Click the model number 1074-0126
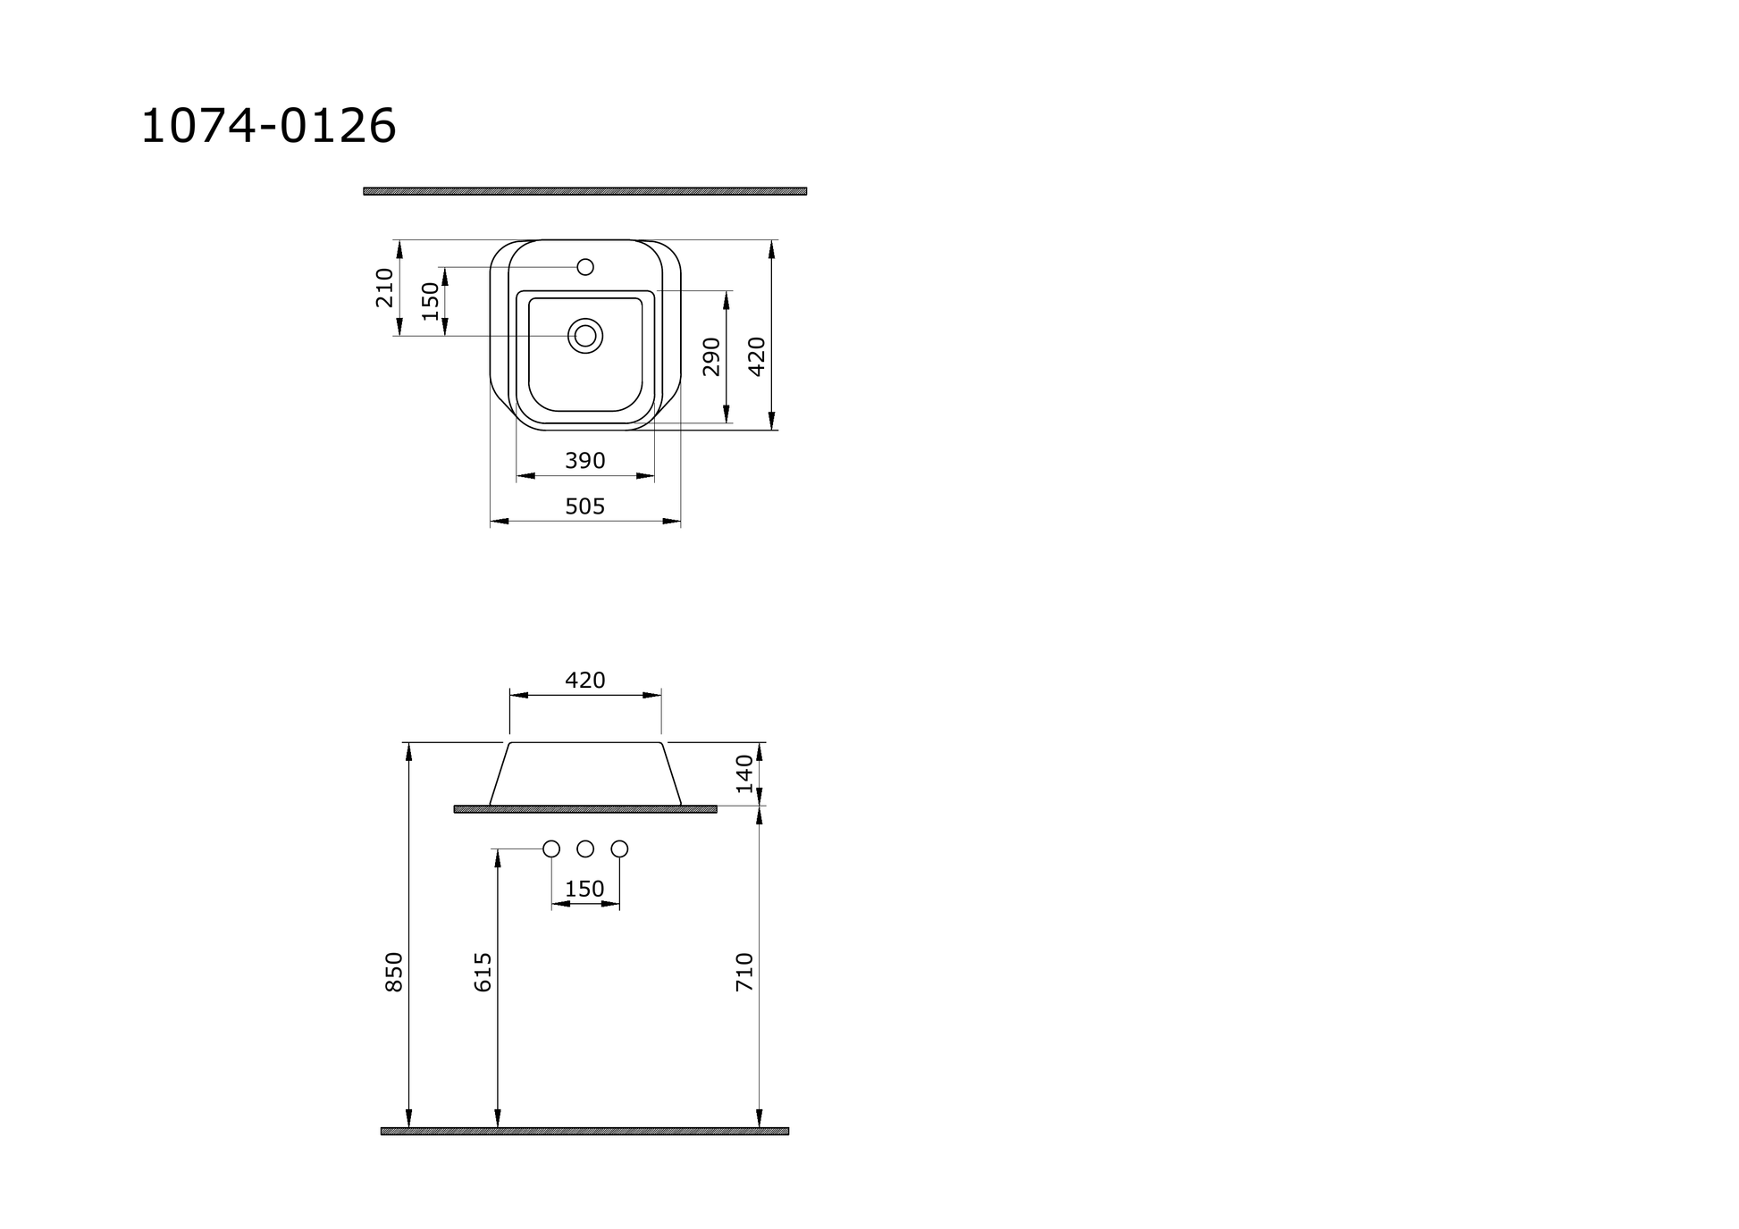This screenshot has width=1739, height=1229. tap(268, 126)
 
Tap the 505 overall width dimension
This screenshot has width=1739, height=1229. tap(585, 506)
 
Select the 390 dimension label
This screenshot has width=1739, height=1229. tap(585, 461)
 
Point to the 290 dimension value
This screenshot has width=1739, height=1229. tap(711, 356)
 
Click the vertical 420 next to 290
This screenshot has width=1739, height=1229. tap(757, 356)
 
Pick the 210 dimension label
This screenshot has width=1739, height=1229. tap(384, 288)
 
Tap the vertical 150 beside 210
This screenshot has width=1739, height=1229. tap(431, 301)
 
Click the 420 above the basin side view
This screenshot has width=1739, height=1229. tap(585, 681)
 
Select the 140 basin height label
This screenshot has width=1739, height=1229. tap(745, 773)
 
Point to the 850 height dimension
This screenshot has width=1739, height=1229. tap(394, 972)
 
